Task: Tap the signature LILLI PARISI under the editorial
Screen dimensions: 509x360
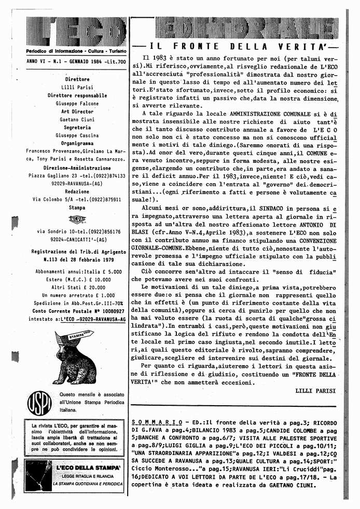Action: click(315, 389)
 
